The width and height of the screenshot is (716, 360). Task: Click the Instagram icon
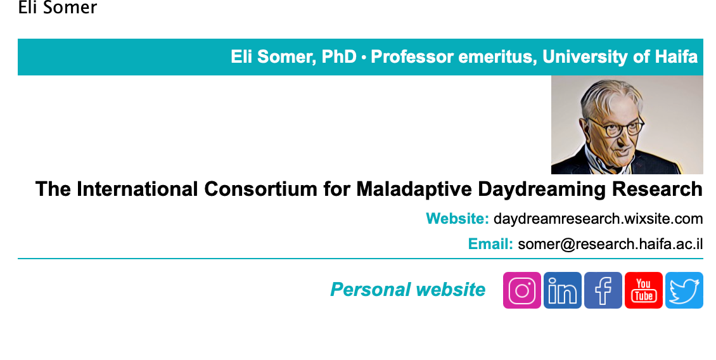(522, 290)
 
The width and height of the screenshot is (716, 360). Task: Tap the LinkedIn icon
(563, 290)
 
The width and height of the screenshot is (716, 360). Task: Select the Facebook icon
(603, 290)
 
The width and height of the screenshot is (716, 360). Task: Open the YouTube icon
(644, 290)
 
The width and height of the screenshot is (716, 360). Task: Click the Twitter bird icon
(684, 290)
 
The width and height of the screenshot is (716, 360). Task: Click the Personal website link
(408, 290)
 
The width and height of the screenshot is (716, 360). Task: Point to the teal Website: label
(457, 219)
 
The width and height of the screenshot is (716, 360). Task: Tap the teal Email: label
(490, 244)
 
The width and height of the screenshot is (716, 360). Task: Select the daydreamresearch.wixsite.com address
(598, 219)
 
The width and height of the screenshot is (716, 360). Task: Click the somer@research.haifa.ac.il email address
(611, 244)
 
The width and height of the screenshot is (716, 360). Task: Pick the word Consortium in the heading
(260, 189)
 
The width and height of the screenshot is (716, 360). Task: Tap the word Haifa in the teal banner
(676, 57)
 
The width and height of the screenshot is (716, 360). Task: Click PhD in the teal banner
(339, 57)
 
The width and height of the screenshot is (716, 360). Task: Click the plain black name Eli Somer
(58, 8)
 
